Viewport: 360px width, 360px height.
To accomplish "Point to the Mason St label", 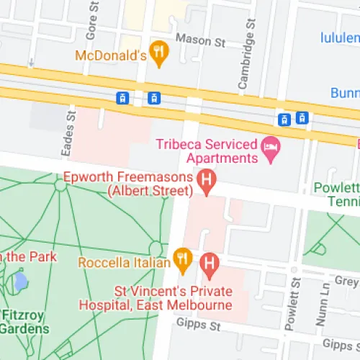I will click(201, 40).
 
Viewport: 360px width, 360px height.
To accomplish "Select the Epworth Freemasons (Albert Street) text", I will click(129, 184).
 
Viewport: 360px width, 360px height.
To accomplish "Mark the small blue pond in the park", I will click(20, 280).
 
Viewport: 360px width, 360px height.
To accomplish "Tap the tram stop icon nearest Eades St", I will click(124, 98).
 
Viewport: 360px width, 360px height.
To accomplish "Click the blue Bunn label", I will click(345, 93).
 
